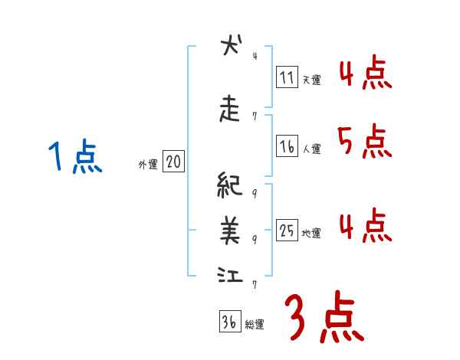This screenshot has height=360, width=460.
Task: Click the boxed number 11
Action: point(287,77)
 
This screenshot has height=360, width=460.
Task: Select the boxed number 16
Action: point(287,147)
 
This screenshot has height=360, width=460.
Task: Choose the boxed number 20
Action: point(174,162)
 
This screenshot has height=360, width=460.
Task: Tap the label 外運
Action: point(148,163)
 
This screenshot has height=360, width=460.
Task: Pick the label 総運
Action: point(255,324)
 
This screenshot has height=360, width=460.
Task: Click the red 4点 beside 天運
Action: point(363,72)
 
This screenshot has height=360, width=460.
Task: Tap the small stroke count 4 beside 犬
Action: point(255,55)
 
